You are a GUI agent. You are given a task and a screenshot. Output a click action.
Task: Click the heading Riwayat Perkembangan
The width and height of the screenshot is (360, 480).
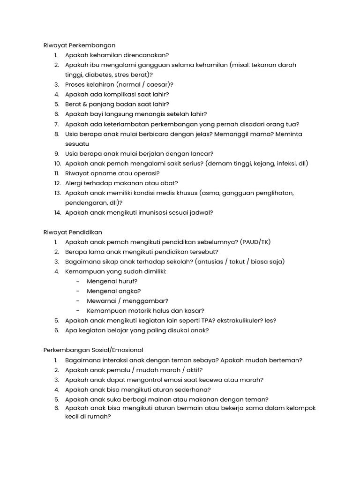click(79, 45)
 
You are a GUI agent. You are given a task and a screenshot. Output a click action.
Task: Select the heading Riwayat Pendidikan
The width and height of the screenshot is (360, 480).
click(73, 232)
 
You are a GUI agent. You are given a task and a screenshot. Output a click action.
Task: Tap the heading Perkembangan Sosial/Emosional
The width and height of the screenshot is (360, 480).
click(93, 350)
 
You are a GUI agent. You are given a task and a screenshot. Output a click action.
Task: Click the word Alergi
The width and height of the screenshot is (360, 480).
click(74, 183)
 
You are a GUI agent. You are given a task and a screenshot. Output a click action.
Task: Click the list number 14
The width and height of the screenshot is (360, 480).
click(57, 212)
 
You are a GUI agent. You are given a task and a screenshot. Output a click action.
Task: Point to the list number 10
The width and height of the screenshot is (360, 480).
click(57, 164)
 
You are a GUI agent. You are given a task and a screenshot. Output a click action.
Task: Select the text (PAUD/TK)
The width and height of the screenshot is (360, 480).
click(255, 242)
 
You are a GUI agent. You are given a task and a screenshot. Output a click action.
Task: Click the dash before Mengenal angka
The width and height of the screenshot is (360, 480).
click(77, 291)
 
